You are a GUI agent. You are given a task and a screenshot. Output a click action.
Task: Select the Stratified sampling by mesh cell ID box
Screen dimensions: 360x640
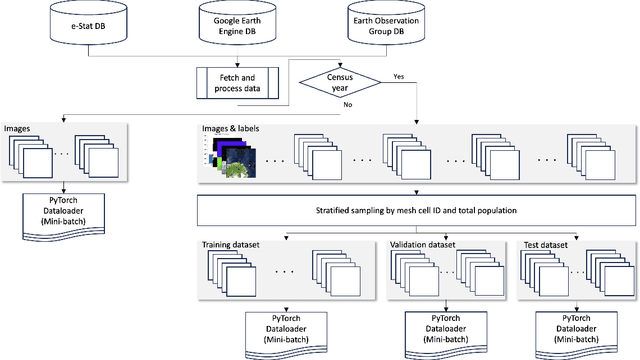(x=414, y=211)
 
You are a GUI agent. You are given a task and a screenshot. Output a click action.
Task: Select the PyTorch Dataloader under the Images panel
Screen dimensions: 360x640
(x=63, y=213)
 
